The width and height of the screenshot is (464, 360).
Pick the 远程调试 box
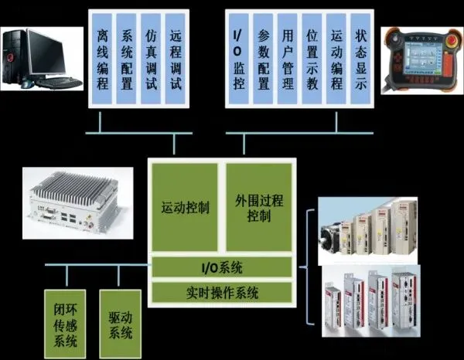(x=176, y=59)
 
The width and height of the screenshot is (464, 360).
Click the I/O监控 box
(x=238, y=59)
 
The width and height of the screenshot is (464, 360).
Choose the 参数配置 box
(x=263, y=59)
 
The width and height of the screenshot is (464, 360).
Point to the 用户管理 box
(x=287, y=59)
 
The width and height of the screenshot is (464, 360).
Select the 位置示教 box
(x=312, y=59)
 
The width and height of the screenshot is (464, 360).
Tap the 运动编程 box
(x=336, y=59)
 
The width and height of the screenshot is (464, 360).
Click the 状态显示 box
(x=360, y=59)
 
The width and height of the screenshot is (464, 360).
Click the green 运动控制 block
(x=185, y=208)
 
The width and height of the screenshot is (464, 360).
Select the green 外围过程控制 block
(x=258, y=208)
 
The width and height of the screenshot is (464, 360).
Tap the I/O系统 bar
(x=222, y=267)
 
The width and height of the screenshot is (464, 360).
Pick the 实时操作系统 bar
(x=222, y=293)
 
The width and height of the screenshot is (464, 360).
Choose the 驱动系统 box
(x=121, y=321)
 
